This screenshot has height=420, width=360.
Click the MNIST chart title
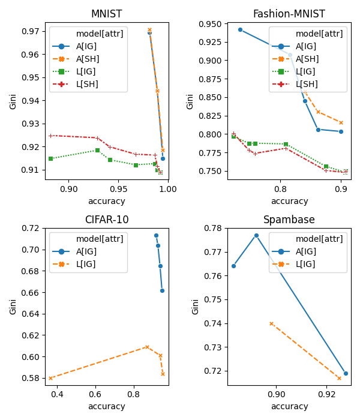[x=106, y=14]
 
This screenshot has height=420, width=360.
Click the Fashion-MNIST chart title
[x=289, y=14]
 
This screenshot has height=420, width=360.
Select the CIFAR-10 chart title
[x=106, y=220]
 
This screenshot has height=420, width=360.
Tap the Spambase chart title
[x=289, y=220]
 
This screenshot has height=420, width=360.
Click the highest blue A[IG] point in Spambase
[x=256, y=235]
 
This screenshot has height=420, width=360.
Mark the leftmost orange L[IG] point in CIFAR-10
[x=50, y=378]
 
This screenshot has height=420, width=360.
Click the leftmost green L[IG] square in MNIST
[x=50, y=158]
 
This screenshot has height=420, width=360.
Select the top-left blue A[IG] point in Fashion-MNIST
[x=240, y=29]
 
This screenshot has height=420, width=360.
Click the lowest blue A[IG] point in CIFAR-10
[x=162, y=290]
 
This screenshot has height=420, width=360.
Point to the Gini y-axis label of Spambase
[x=195, y=307]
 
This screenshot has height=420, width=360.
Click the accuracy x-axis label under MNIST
[x=106, y=201]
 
